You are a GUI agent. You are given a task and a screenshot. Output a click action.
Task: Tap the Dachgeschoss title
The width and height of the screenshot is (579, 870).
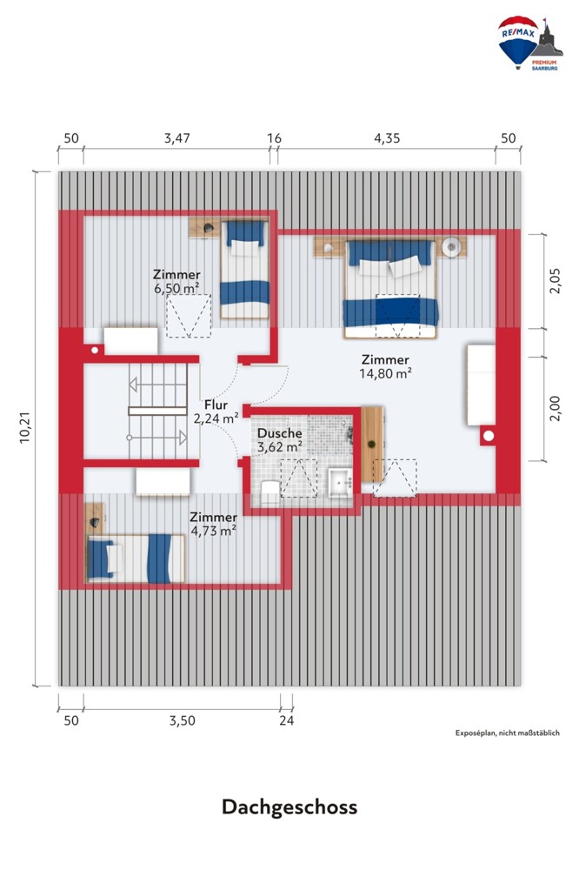(289, 806)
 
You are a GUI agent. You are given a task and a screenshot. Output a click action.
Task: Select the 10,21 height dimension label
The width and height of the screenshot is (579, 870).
(25, 428)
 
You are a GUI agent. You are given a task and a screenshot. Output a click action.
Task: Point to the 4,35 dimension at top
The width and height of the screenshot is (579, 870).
(387, 138)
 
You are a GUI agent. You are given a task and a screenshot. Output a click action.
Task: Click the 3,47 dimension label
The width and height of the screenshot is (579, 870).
(177, 138)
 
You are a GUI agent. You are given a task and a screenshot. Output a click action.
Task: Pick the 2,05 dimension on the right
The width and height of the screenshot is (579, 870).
(556, 281)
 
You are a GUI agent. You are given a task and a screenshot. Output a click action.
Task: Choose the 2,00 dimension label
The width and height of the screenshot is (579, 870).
(556, 408)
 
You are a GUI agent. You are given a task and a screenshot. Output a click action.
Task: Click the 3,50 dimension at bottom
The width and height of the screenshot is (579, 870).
(182, 720)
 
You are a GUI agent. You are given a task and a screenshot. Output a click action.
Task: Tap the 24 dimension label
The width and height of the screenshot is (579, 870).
(286, 720)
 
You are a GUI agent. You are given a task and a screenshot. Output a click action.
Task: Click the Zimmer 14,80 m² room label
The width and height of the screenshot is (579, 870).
(385, 366)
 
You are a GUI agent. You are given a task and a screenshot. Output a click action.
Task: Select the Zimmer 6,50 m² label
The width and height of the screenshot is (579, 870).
(177, 281)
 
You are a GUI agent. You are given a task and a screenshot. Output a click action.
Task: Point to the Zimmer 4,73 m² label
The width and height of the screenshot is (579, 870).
(214, 524)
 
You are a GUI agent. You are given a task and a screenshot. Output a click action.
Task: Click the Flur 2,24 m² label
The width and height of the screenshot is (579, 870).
(216, 412)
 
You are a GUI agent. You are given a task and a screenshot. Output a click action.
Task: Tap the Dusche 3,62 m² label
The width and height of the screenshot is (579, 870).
(280, 440)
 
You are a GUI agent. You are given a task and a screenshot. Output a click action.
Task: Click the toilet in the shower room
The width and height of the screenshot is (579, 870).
(270, 492)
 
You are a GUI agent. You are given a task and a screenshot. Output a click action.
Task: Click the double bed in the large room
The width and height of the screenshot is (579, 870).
(390, 289)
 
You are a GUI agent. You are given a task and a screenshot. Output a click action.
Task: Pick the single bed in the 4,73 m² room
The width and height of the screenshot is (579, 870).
(136, 559)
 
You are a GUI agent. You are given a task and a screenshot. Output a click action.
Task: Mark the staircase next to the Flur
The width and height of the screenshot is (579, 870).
(157, 412)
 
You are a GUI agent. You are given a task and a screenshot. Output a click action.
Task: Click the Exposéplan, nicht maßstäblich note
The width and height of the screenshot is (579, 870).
(508, 733)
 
